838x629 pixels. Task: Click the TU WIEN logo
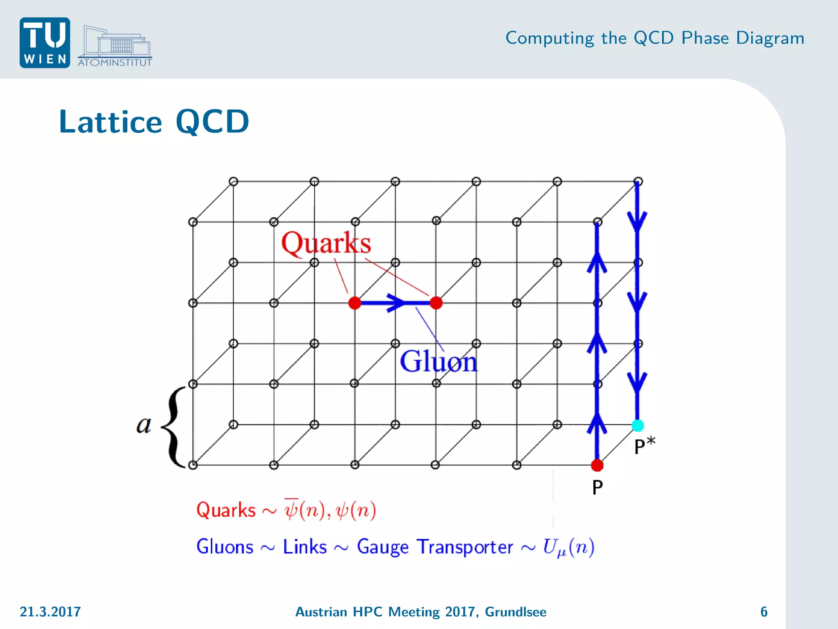coord(45,43)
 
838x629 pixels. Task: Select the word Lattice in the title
coord(110,122)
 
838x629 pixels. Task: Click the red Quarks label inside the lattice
coord(326,243)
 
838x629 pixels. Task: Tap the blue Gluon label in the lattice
coord(439,361)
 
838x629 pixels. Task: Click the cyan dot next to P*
coord(638,425)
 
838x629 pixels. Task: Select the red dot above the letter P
coord(597,465)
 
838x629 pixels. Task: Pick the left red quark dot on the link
coord(355,303)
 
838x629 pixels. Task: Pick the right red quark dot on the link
coord(436,303)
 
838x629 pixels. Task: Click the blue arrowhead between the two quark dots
coord(396,303)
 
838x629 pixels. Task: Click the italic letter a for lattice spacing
coord(144,425)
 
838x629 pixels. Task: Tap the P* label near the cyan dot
coord(644,446)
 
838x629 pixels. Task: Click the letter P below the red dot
coord(597,487)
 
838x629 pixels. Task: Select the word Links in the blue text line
coord(305,547)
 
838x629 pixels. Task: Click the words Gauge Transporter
coord(435,547)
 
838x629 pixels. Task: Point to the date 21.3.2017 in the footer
coord(50,612)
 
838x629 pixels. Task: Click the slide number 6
coord(764,612)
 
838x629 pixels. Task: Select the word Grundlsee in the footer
coord(516,612)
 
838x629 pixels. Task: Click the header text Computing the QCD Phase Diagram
coord(655,38)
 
